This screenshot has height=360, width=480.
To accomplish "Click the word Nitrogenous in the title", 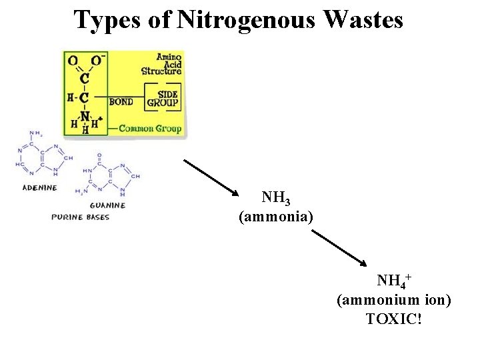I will click(247, 20).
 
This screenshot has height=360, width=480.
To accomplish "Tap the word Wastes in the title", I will click(363, 20).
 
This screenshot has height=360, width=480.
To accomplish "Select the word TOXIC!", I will click(394, 319).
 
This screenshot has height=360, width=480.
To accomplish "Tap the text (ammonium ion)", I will click(394, 300).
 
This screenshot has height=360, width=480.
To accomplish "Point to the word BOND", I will click(120, 102).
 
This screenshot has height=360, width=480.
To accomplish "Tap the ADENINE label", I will click(40, 188).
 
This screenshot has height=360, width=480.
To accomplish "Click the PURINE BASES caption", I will click(81, 217).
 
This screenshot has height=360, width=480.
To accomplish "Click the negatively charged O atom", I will click(96, 61).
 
